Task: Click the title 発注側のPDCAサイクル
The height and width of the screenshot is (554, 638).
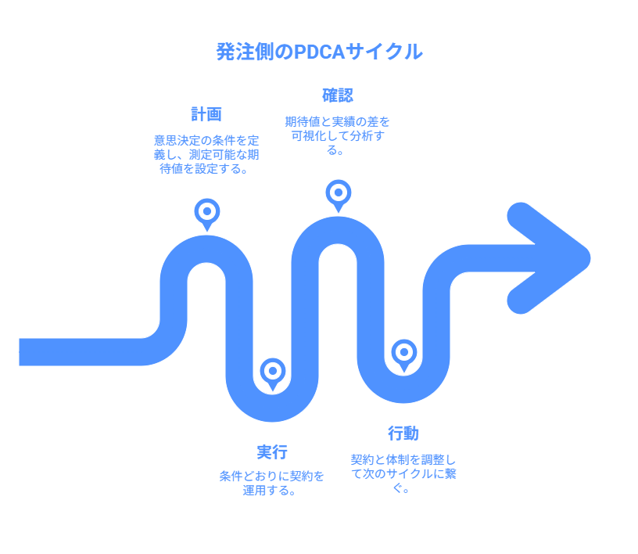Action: (x=319, y=52)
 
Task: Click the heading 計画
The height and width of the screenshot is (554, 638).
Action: (x=206, y=114)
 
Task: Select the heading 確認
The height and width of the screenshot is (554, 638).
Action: (x=338, y=95)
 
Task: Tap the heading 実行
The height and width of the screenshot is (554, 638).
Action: (x=272, y=451)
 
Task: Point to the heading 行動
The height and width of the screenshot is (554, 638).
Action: (x=403, y=433)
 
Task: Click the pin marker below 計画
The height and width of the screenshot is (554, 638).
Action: (x=207, y=211)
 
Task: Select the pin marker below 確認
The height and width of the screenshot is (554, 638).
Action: (x=339, y=192)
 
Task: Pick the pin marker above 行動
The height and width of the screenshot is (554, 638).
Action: (x=404, y=352)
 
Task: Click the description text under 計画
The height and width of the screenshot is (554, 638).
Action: (x=206, y=154)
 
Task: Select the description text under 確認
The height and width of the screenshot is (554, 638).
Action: (x=338, y=135)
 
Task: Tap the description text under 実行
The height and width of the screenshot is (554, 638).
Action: (x=272, y=483)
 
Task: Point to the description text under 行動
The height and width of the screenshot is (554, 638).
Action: (x=403, y=473)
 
